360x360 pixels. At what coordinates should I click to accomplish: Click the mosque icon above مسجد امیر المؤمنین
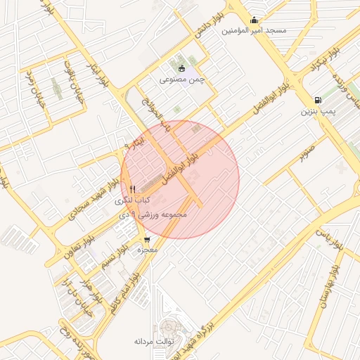pyautogui.click(x=254, y=20)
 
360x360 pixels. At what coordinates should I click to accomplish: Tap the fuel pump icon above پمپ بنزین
pyautogui.click(x=319, y=100)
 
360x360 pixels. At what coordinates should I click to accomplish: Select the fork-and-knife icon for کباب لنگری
pyautogui.click(x=132, y=188)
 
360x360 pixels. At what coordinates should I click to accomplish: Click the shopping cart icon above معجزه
pyautogui.click(x=147, y=239)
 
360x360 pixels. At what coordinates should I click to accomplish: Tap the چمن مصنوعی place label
pyautogui.click(x=182, y=79)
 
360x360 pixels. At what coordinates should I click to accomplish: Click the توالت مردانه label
pyautogui.click(x=154, y=341)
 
